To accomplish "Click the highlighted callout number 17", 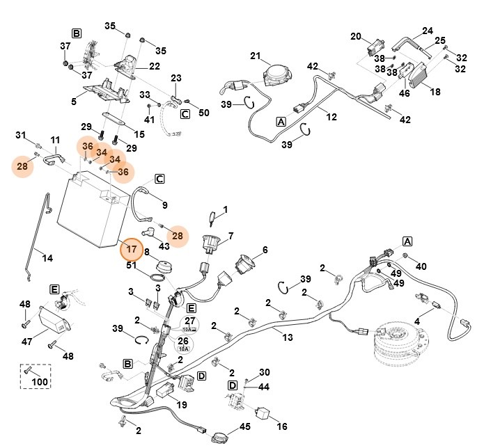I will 130,248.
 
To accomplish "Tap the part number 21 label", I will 255,56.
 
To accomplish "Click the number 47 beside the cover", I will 28,342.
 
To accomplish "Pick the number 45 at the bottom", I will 245,427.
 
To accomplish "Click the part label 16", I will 281,426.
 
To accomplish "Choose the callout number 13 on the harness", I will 287,337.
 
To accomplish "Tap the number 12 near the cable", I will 331,117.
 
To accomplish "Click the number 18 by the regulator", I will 435,91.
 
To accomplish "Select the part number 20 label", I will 356,36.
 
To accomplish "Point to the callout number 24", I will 428,31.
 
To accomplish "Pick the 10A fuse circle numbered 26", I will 184,344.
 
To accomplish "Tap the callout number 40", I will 421,266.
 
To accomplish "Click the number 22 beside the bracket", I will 154,66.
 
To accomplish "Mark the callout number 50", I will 204,113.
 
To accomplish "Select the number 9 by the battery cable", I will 164,205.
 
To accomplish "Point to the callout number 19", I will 182,404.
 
